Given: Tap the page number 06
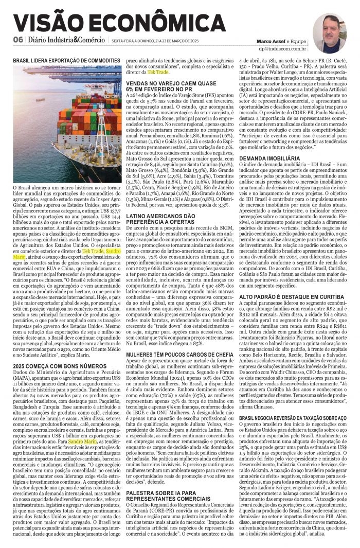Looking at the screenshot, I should click(x=18, y=41).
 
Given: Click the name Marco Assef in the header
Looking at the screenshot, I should click(x=272, y=41).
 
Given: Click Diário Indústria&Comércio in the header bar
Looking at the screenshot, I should click(x=65, y=41).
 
